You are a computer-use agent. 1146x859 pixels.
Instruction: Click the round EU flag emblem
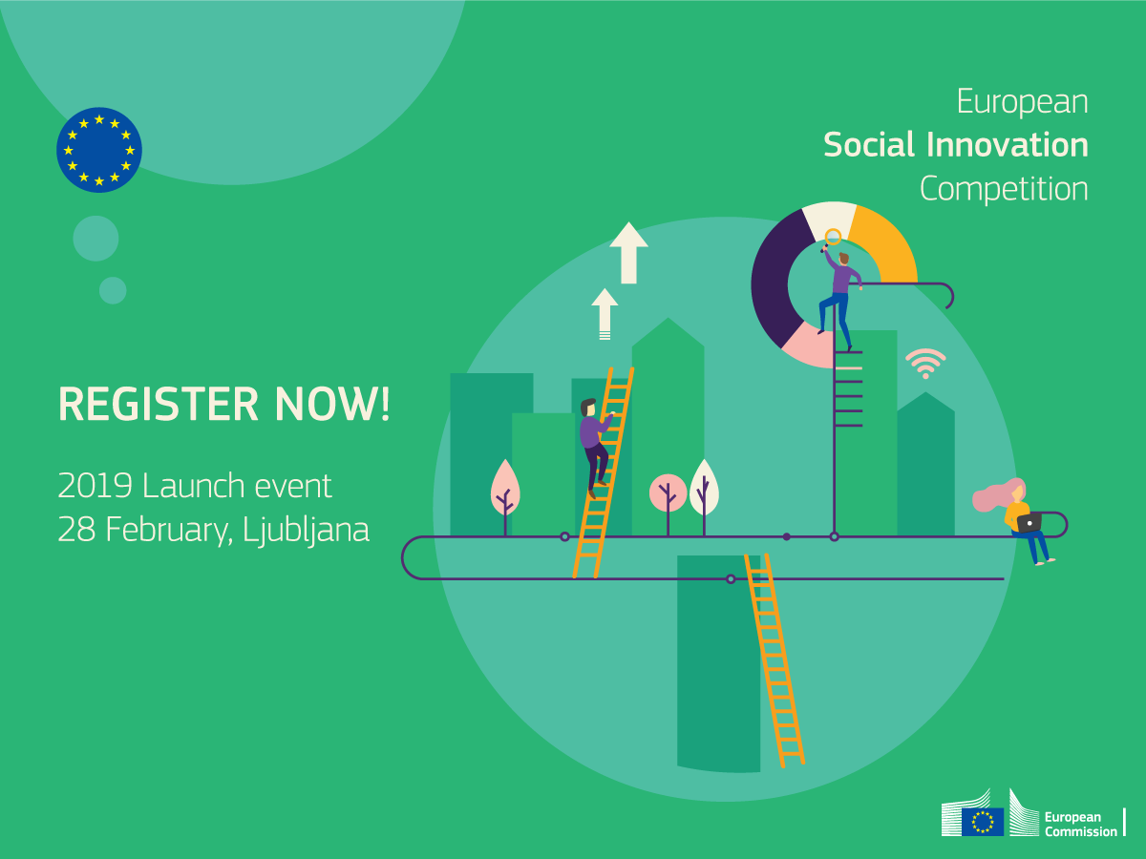coord(99,150)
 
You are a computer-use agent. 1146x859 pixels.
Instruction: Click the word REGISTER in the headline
coord(159,404)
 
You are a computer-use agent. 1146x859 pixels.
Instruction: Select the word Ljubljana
coord(306,531)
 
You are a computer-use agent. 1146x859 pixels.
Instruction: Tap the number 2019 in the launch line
coord(95,486)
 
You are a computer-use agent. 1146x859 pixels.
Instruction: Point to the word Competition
coord(1004,189)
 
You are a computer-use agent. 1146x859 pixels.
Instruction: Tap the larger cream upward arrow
coord(628,253)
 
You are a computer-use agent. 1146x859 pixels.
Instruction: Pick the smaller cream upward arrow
coord(605,314)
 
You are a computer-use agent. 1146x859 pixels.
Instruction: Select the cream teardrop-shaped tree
coord(704,488)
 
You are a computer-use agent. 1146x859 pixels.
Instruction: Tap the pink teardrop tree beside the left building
coord(505,488)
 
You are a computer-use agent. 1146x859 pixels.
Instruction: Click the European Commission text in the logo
coord(1080,824)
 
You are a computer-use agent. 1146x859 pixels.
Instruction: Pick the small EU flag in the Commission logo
coord(983,822)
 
